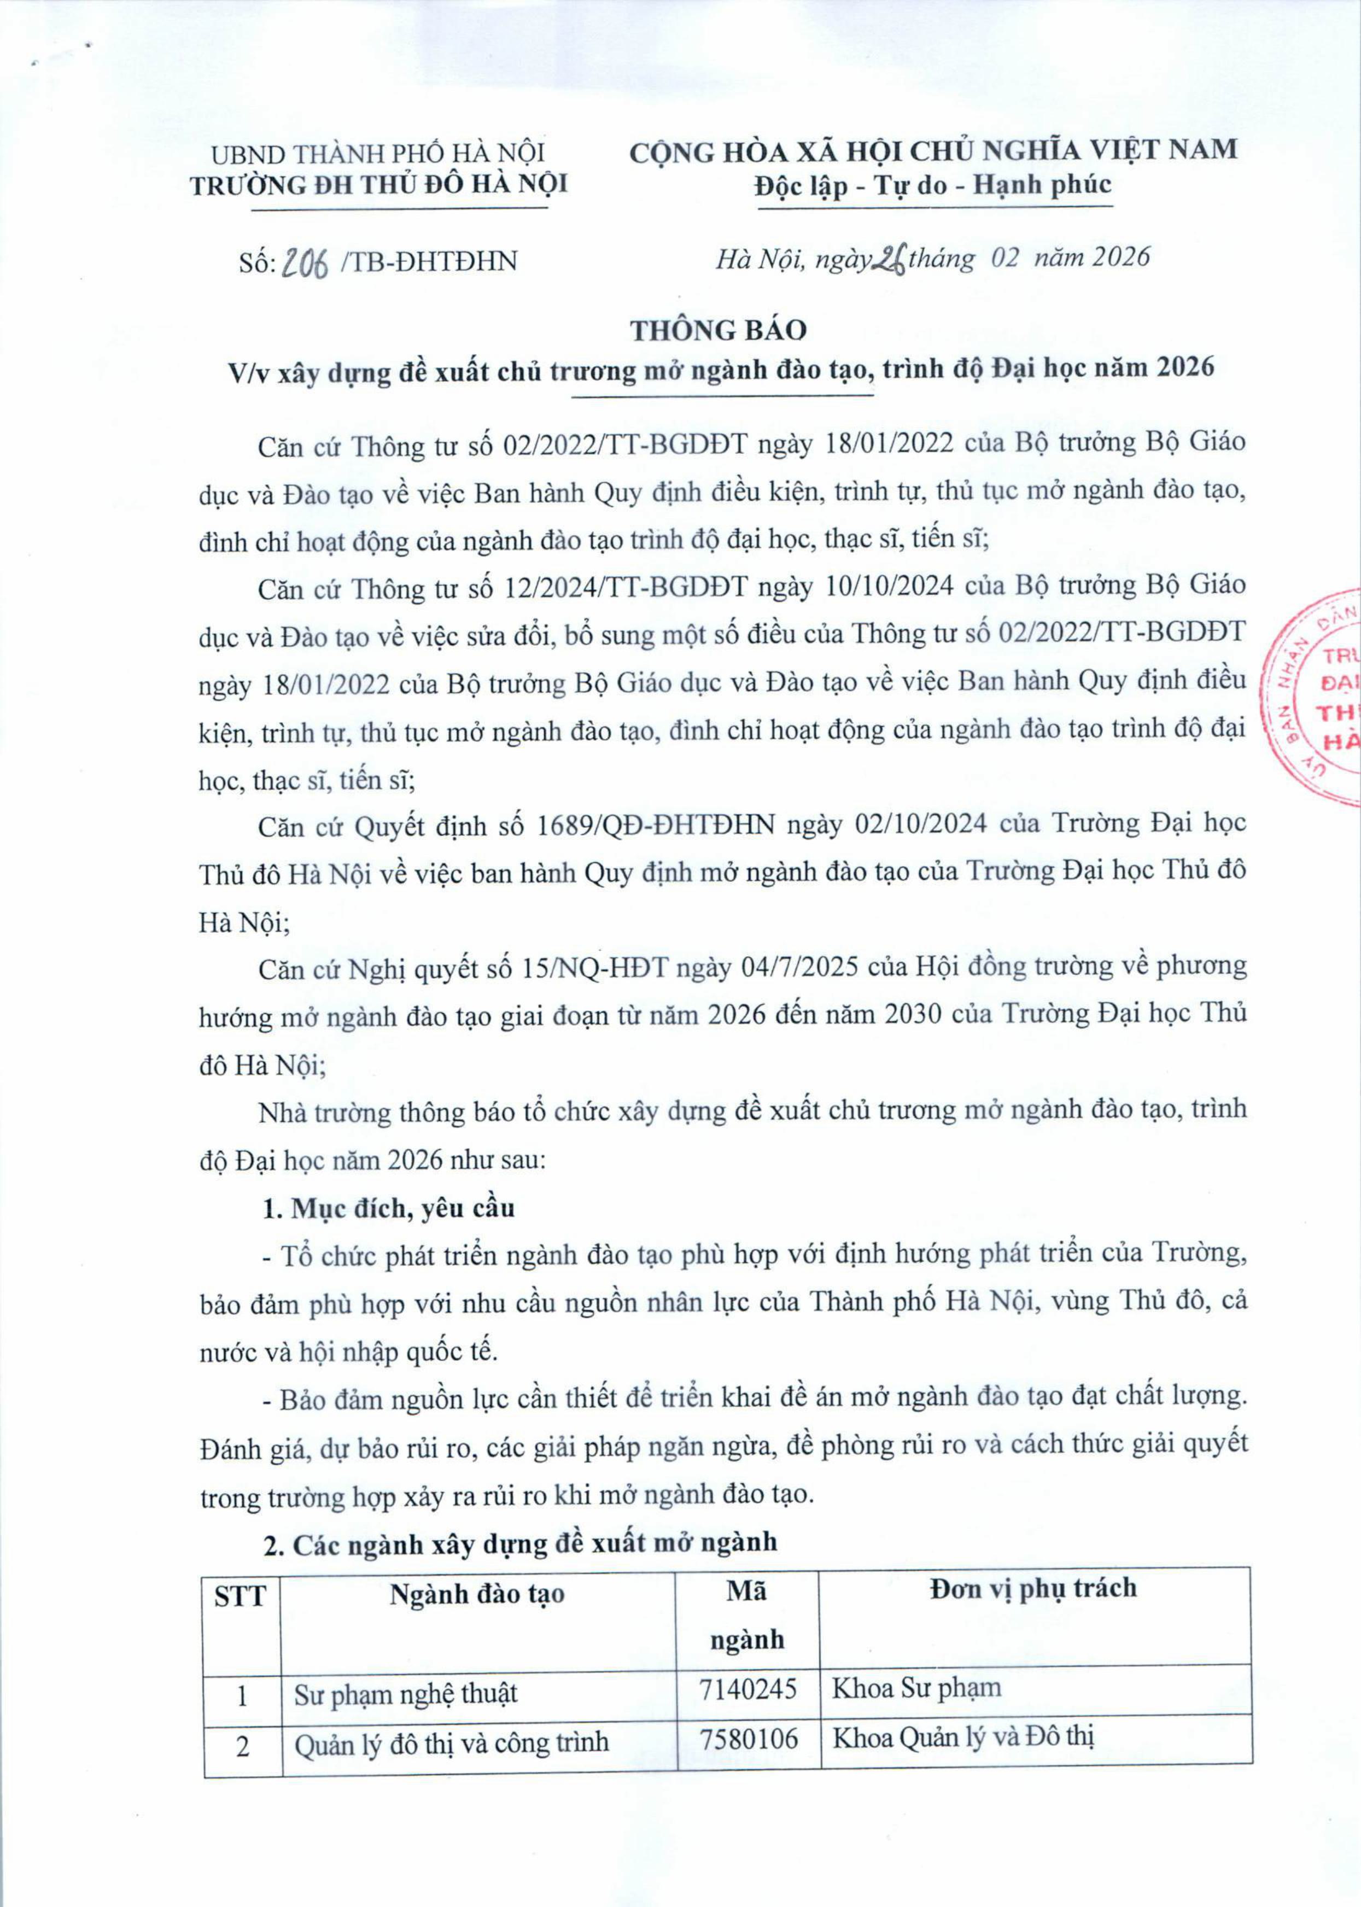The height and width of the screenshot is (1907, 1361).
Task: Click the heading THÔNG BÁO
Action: click(x=718, y=330)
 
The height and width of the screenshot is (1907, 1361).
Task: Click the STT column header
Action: click(x=241, y=1596)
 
